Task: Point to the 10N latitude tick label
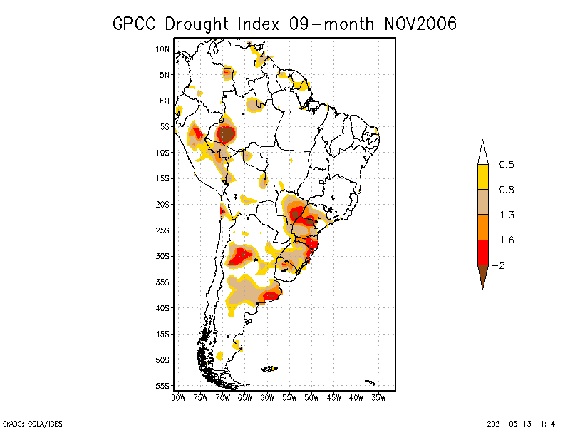[163, 49]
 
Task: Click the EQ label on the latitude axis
[165, 101]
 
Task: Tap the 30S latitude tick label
[163, 256]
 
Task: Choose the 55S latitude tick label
[163, 386]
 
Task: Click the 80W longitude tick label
[178, 397]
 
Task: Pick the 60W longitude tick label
[267, 397]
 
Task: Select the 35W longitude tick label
[378, 397]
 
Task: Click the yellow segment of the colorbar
[482, 177]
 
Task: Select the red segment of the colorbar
[482, 252]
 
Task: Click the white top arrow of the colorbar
[482, 153]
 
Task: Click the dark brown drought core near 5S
[226, 133]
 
